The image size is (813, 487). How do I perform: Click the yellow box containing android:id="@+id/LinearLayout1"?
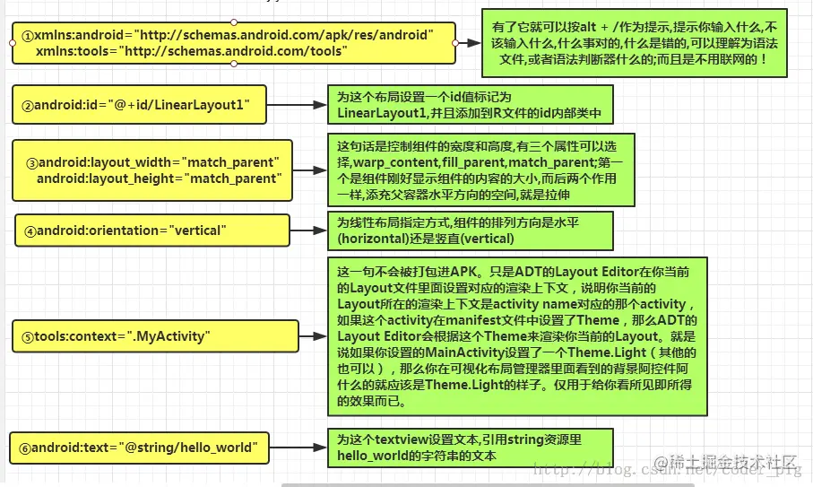pos(139,105)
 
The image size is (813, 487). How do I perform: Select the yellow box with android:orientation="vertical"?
pos(151,230)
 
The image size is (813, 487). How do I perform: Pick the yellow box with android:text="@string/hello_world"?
pos(139,447)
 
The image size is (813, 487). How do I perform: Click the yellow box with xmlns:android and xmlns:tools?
pos(233,42)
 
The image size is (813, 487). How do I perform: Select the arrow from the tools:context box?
pos(314,335)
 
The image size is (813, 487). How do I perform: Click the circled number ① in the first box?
pos(28,36)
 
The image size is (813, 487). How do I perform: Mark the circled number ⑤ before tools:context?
pos(29,337)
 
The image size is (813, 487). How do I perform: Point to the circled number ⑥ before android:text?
pos(25,448)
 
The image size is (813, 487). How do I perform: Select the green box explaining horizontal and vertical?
pos(470,230)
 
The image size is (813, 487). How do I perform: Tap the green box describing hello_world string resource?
pos(470,447)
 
